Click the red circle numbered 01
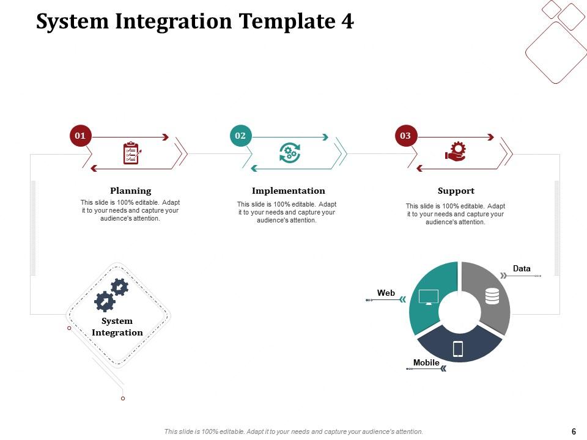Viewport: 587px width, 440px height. pos(80,135)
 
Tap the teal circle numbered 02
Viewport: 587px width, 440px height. pos(240,135)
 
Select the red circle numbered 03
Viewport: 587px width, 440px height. pos(405,135)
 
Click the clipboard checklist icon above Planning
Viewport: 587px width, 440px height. pos(131,153)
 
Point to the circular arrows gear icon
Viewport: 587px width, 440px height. pos(289,152)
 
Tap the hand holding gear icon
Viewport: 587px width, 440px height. pos(456,152)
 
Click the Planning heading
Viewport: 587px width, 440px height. pos(130,191)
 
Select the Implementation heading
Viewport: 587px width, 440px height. pos(288,191)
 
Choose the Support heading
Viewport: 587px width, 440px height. pos(456,191)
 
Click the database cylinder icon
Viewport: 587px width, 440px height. pos(492,296)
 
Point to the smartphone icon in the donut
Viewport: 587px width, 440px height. pos(458,349)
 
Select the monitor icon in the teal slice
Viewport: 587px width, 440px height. pos(429,297)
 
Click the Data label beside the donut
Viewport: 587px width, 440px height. pos(522,268)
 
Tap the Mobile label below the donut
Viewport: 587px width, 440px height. pos(426,362)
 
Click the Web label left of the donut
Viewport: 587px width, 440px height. pos(386,293)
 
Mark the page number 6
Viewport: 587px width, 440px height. pos(574,431)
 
